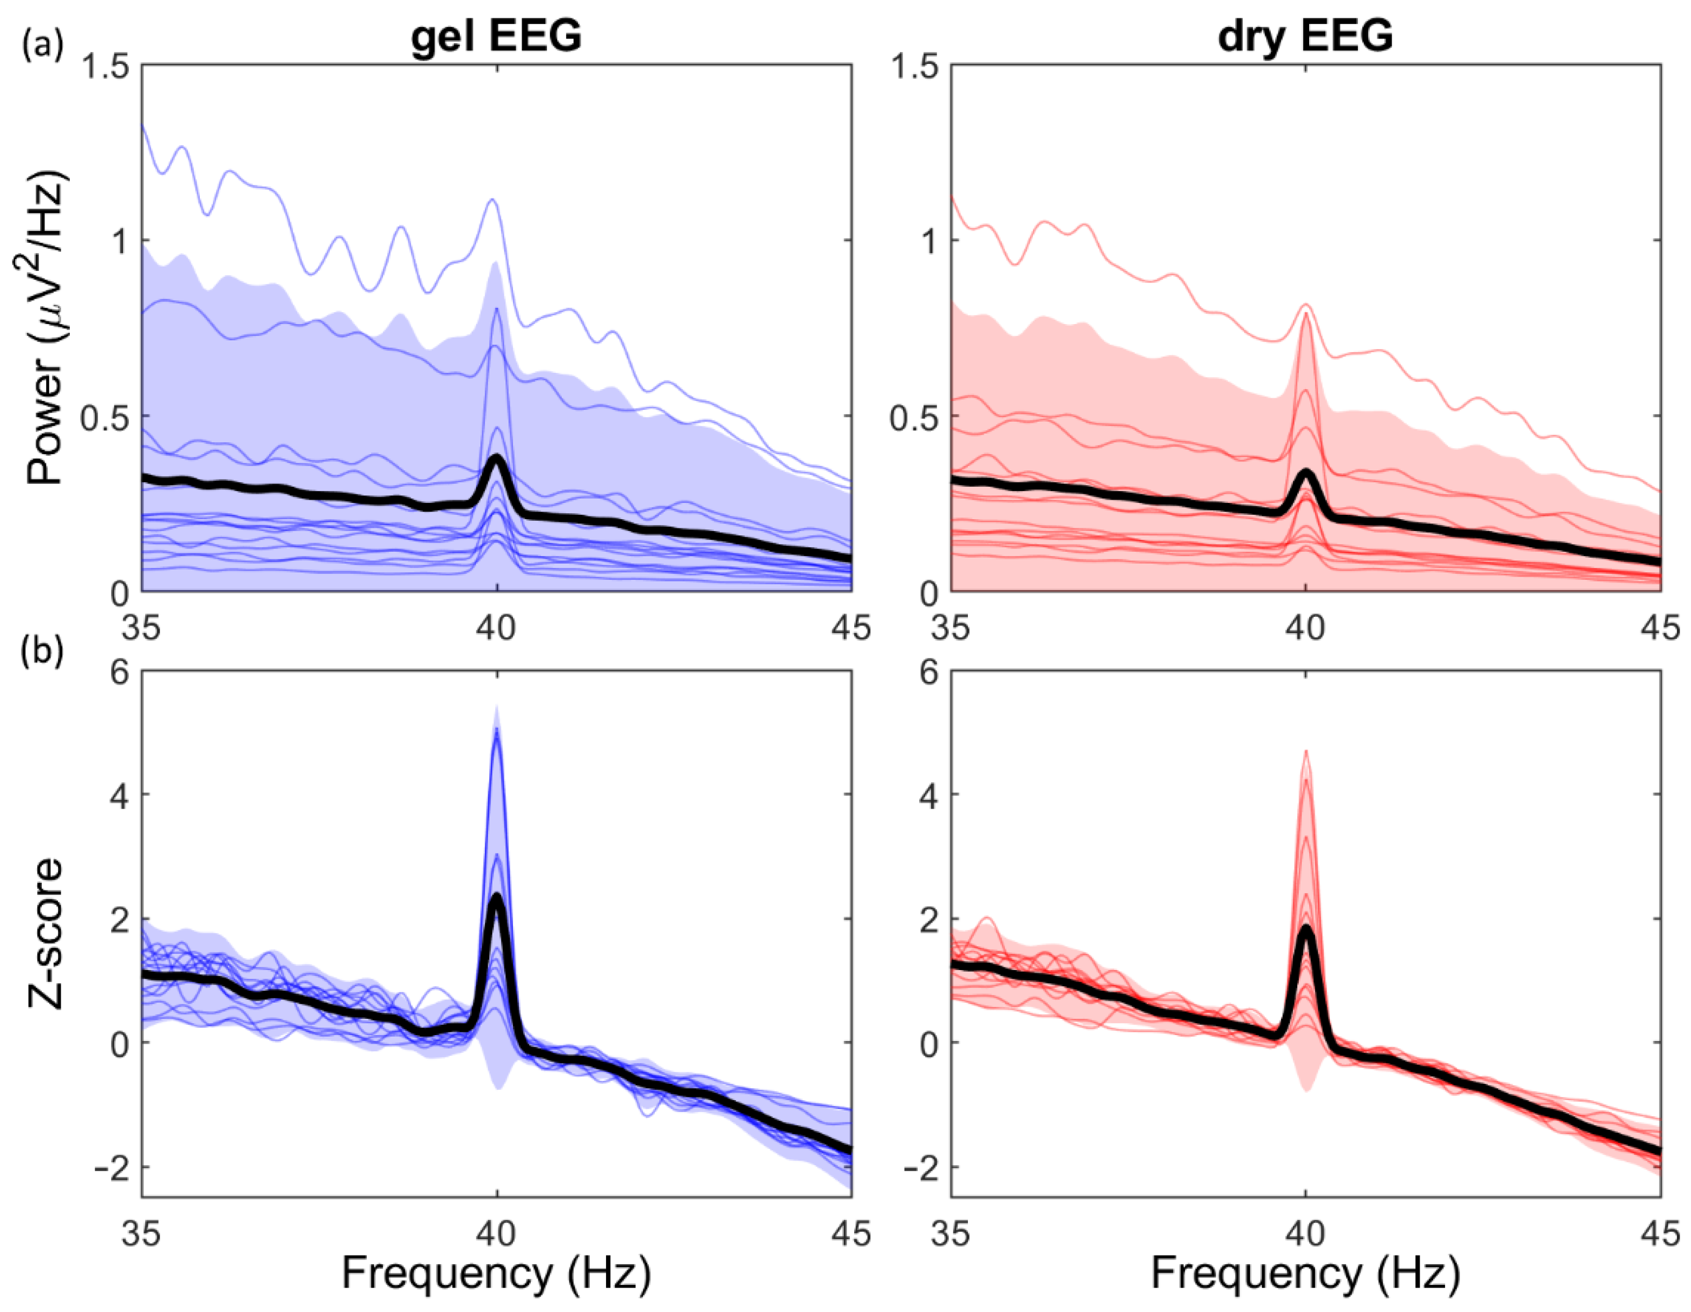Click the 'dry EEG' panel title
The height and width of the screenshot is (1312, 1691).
(1305, 36)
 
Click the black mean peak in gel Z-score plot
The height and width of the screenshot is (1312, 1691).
(496, 899)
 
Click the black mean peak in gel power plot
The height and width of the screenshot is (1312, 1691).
(496, 459)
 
